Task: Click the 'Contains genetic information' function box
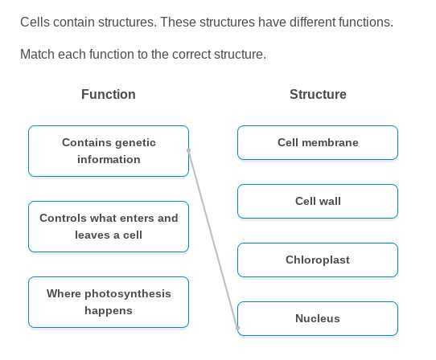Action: [109, 151]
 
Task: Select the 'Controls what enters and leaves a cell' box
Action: [109, 227]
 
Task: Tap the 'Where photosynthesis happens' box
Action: [109, 302]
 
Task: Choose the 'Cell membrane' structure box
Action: [318, 143]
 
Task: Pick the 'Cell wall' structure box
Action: [318, 202]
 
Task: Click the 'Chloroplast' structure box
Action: [318, 260]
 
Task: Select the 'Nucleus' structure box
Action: [318, 319]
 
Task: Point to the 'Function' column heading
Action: [109, 95]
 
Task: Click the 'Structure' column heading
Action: [318, 95]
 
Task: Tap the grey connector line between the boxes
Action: [213, 239]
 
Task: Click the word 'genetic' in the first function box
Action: [135, 143]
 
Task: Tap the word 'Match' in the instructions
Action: [37, 55]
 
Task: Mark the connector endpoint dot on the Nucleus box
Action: [238, 328]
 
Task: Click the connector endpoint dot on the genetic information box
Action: [189, 150]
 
